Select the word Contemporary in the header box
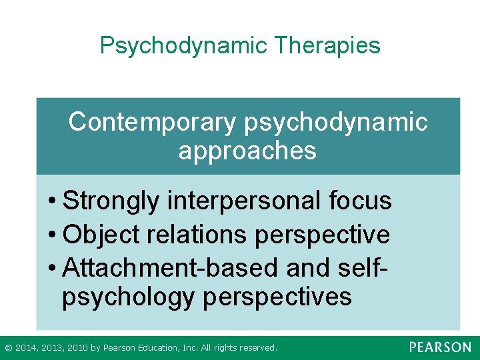[x=152, y=123]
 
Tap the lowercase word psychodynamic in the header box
[x=337, y=123]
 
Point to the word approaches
[x=247, y=151]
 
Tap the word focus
[x=362, y=201]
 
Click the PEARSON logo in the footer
[x=440, y=347]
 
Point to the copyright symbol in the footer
[x=7, y=348]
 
